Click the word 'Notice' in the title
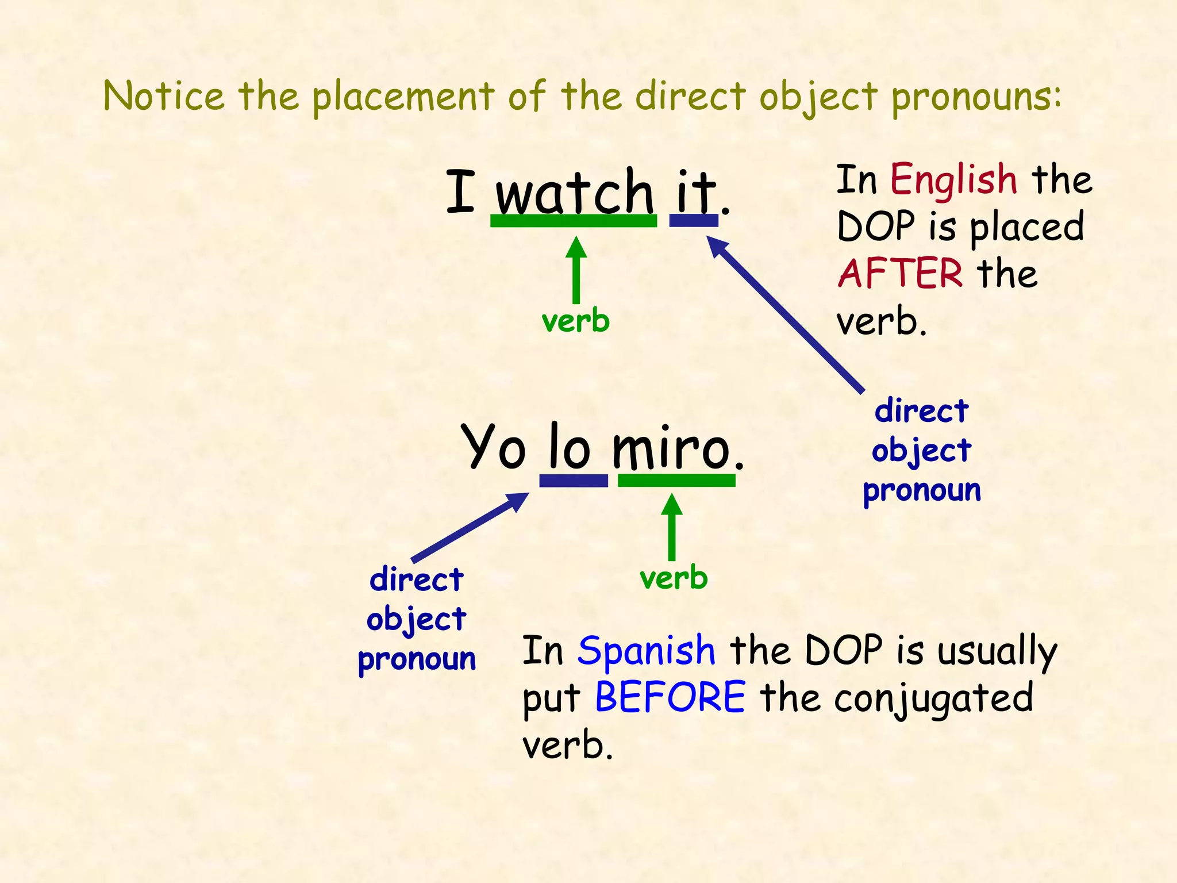pyautogui.click(x=164, y=96)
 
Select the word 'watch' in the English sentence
pyautogui.click(x=574, y=193)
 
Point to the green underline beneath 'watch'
pyautogui.click(x=573, y=221)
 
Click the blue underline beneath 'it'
pyautogui.click(x=694, y=220)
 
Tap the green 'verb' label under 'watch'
pyautogui.click(x=575, y=321)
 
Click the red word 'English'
pyautogui.click(x=953, y=179)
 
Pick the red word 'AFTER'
pyautogui.click(x=900, y=274)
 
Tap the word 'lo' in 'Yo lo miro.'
pyautogui.click(x=569, y=447)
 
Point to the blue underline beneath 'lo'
pyautogui.click(x=574, y=481)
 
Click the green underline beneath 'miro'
pyautogui.click(x=676, y=481)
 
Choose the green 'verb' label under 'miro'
pyautogui.click(x=674, y=578)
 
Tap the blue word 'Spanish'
pyautogui.click(x=647, y=651)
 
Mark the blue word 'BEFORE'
pyautogui.click(x=670, y=697)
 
